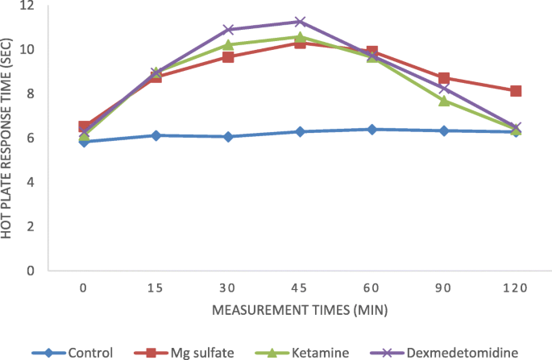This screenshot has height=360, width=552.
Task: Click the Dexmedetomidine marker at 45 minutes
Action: point(300,22)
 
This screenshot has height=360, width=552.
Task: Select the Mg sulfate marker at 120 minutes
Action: point(516,91)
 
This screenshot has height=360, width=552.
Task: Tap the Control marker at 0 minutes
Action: point(84,142)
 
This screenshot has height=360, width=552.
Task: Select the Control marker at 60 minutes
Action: point(371,130)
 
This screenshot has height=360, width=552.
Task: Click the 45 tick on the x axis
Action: point(300,288)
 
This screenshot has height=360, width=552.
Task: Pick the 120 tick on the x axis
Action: point(516,288)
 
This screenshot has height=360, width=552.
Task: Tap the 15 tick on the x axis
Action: point(156,288)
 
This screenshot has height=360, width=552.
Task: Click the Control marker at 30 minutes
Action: point(228,137)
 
